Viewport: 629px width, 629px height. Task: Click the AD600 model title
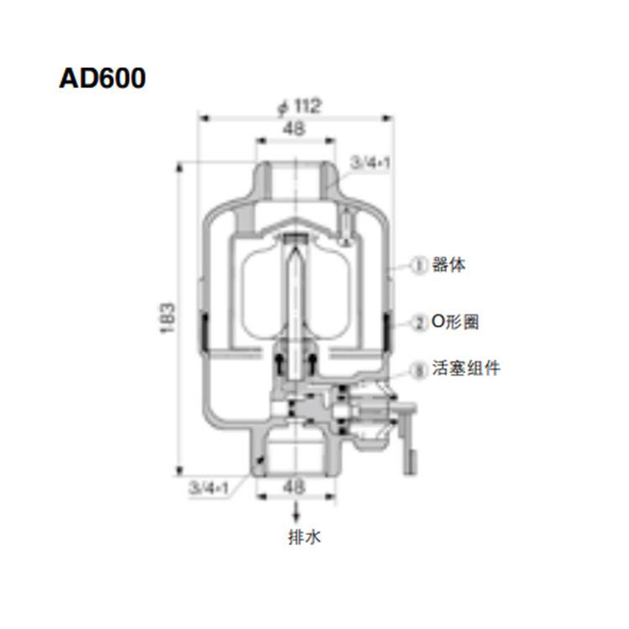(x=103, y=78)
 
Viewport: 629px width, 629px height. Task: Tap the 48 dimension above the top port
(x=293, y=128)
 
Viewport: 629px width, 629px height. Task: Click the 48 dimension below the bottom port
(x=293, y=486)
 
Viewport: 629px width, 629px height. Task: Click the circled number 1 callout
(x=419, y=266)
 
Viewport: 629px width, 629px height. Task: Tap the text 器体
(x=449, y=266)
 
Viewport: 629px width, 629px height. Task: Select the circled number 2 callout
(x=419, y=321)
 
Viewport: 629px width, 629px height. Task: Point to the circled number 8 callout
(x=419, y=368)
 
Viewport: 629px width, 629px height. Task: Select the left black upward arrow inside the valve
(x=277, y=362)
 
